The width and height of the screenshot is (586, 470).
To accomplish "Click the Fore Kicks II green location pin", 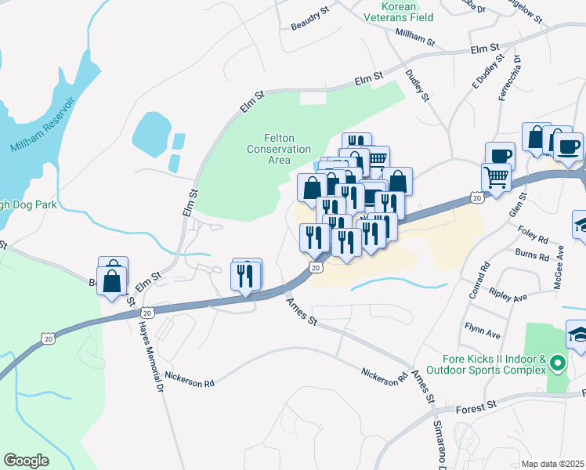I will tap(557, 363).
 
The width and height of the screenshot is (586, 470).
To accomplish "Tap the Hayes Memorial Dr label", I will tap(151, 357).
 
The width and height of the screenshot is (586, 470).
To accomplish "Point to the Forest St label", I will tap(477, 407).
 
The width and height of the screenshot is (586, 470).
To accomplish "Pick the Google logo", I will tap(26, 460).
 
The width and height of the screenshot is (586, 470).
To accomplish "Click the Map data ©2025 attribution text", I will tap(552, 463).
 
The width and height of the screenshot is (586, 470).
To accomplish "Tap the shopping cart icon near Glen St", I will tap(497, 179).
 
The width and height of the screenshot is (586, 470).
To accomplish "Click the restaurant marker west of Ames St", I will tap(246, 275).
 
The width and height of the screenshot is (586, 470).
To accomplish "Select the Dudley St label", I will tap(418, 85).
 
